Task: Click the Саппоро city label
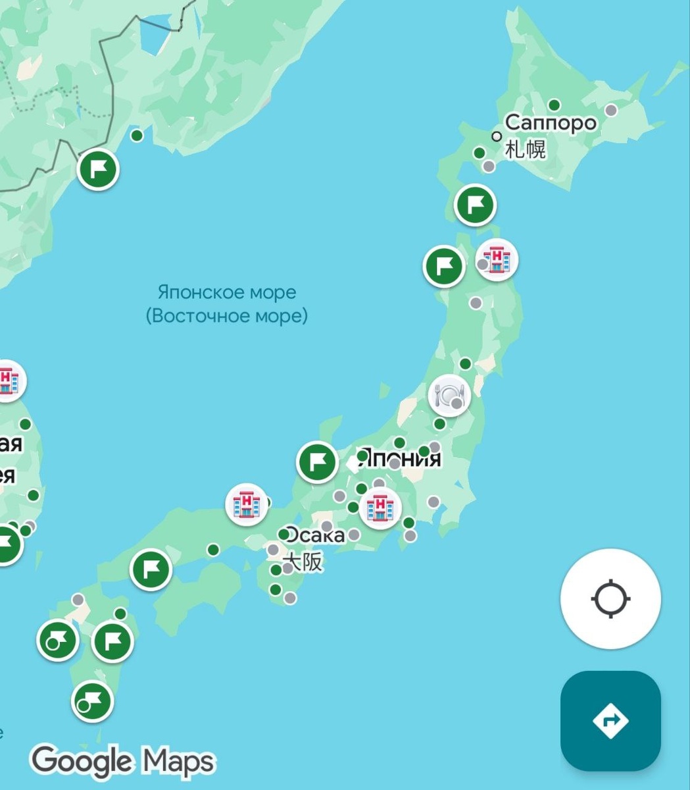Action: click(551, 122)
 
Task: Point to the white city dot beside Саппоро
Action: click(497, 136)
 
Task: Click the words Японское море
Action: click(227, 292)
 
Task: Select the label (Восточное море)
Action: click(227, 316)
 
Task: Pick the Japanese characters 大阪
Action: click(304, 563)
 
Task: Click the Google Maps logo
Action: click(123, 761)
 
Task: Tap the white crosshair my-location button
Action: click(610, 599)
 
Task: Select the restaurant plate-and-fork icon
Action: click(450, 396)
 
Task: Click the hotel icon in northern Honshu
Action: click(497, 259)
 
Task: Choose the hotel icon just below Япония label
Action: click(380, 508)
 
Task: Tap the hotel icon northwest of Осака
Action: click(247, 504)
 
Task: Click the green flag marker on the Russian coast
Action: click(98, 169)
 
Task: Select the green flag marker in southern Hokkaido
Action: click(475, 205)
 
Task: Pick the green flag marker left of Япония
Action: click(317, 462)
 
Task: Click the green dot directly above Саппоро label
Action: click(554, 105)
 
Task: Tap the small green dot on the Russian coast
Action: click(137, 136)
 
